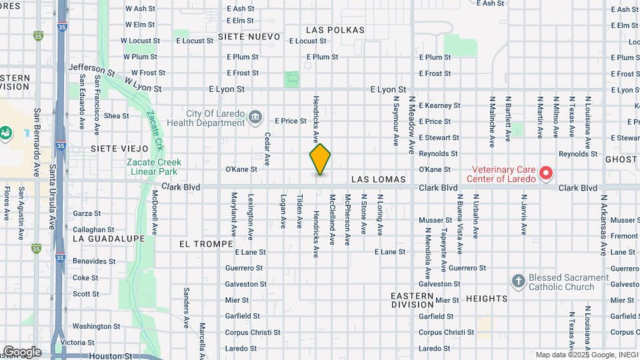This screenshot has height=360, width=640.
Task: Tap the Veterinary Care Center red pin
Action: (546, 173)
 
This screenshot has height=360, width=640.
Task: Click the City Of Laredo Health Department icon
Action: (255, 118)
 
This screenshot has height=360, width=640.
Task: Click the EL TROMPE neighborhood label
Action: (201, 244)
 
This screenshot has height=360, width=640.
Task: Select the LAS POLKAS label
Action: (335, 30)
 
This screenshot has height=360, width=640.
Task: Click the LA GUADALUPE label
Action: (108, 238)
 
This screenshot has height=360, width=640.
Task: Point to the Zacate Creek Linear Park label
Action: (154, 167)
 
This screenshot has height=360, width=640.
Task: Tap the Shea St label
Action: (116, 116)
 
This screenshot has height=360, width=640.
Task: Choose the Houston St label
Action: (107, 356)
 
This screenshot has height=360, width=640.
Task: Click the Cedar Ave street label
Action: (267, 149)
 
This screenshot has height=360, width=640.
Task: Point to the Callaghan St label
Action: (89, 229)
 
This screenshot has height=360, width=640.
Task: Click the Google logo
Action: (22, 352)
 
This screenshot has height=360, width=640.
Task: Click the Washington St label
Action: (96, 327)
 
